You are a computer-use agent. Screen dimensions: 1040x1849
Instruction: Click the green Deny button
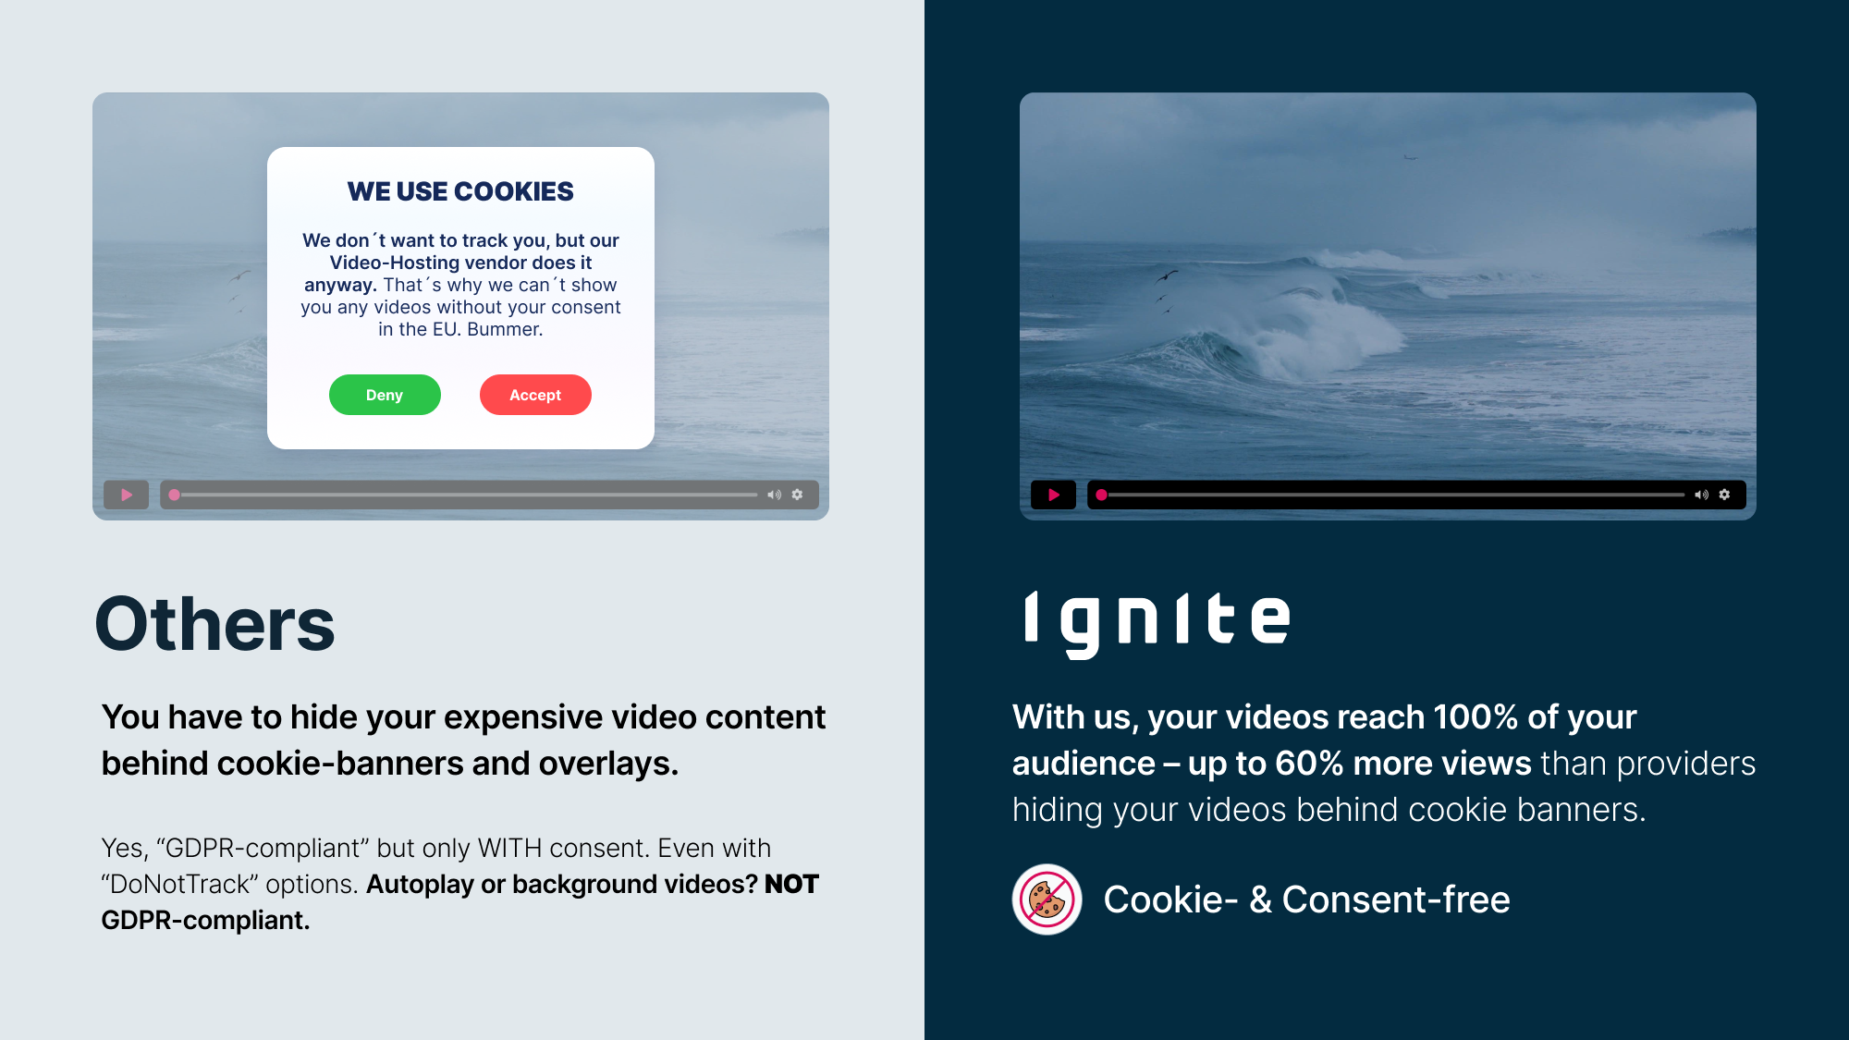coord(385,395)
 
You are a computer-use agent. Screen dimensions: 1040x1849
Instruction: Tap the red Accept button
coord(535,395)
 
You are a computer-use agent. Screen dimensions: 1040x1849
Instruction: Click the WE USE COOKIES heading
coord(460,191)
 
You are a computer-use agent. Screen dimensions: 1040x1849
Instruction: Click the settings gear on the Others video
coord(797,495)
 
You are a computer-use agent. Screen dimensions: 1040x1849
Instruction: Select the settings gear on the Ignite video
coord(1724,495)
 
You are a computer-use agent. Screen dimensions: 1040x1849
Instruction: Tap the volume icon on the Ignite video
coord(1701,495)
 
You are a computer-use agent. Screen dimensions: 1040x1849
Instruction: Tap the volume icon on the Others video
coord(774,495)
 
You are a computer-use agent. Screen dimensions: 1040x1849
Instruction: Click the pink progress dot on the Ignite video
coord(1101,495)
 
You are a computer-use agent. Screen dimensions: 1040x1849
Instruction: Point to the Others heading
coord(214,624)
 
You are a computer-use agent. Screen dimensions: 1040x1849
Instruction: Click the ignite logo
coord(1156,621)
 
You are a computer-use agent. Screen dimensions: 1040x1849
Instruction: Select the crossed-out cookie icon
coord(1047,899)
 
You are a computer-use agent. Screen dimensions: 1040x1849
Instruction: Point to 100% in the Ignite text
coord(1476,717)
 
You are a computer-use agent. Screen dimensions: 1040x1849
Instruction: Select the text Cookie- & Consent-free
coord(1306,899)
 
